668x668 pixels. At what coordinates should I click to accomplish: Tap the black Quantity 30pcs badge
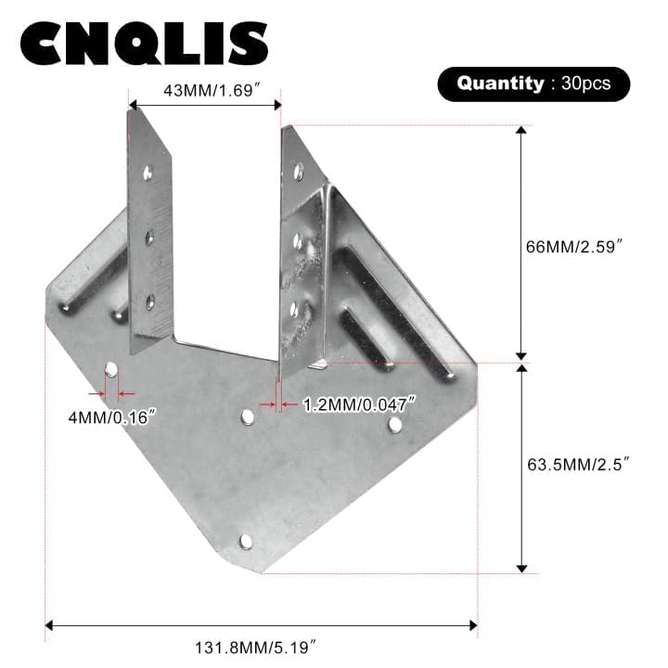point(533,83)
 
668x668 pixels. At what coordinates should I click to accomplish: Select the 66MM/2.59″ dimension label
point(580,247)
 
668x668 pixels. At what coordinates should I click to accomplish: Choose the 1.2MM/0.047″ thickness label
point(358,405)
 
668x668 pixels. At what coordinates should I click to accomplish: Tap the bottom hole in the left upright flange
point(149,301)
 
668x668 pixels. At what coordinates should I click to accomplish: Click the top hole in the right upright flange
point(298,172)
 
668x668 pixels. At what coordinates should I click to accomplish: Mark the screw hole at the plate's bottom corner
point(246,541)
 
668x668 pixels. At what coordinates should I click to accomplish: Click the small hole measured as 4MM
point(110,370)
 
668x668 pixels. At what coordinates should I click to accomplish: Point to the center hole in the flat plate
point(248,417)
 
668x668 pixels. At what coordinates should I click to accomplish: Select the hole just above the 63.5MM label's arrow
point(395,425)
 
